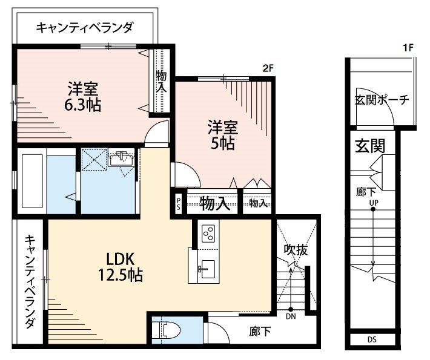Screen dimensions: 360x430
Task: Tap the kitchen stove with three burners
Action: tap(208, 233)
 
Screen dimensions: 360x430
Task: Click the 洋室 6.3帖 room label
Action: tap(84, 96)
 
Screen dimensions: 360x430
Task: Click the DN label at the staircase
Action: tap(291, 315)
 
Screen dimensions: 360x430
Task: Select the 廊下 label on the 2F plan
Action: tap(259, 332)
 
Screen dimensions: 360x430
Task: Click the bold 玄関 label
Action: tap(370, 146)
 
